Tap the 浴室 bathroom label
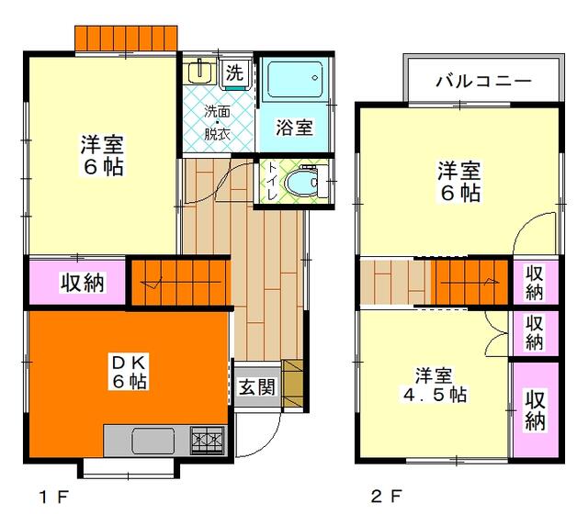point(293,128)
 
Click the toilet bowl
point(300,183)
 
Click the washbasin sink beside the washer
point(198,72)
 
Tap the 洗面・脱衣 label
point(217,122)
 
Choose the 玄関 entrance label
point(257,386)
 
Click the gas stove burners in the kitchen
point(208,440)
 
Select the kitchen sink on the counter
point(153,441)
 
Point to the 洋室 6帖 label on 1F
point(101,155)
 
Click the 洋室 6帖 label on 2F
point(458,180)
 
